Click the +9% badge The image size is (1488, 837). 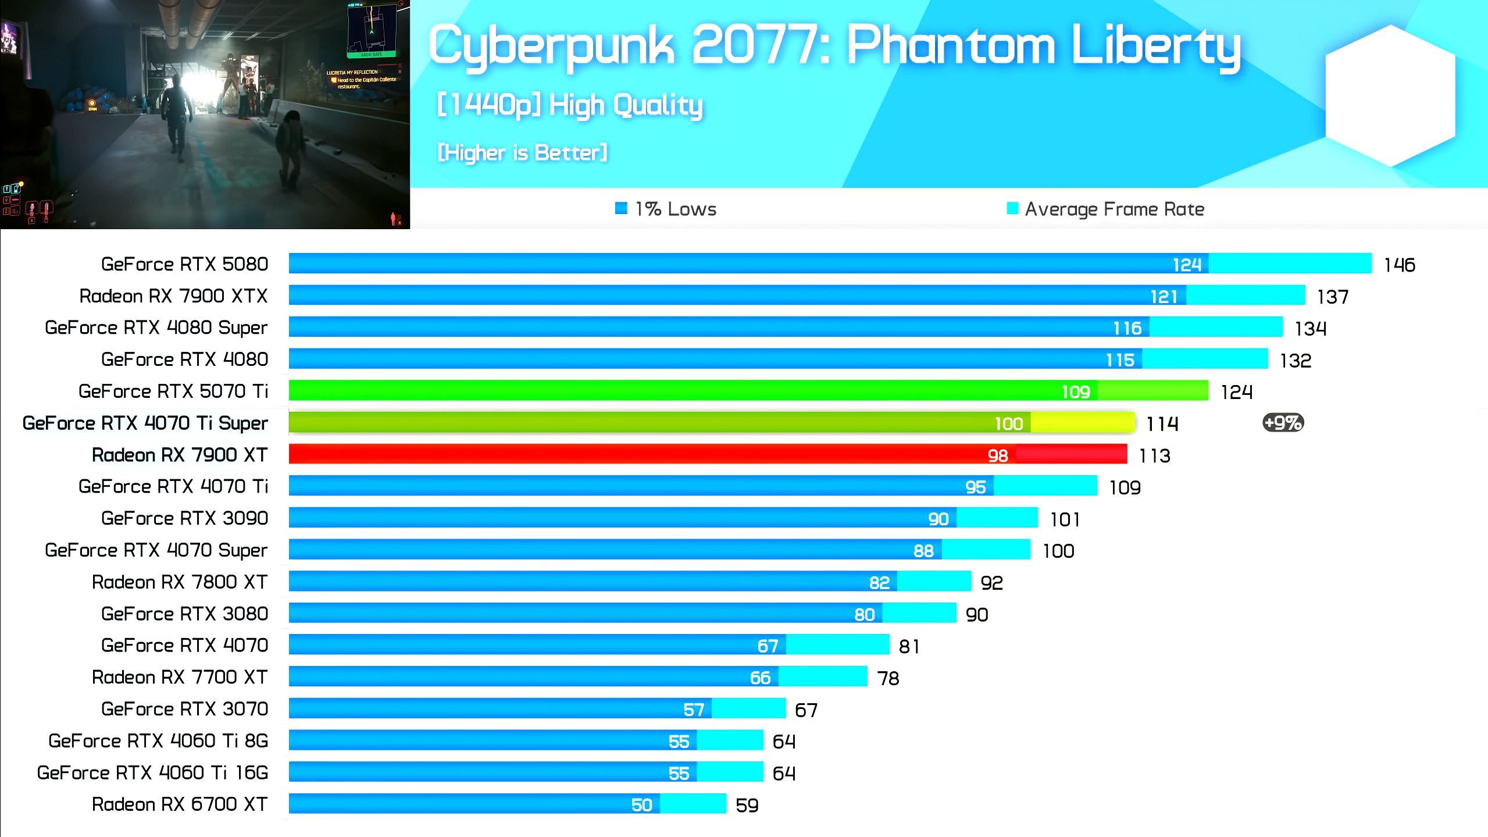[x=1283, y=423]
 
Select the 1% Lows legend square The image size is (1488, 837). [x=621, y=208]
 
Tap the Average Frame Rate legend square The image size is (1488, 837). [x=1012, y=208]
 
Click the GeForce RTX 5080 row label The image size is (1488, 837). [x=184, y=264]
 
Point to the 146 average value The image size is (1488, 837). [x=1399, y=265]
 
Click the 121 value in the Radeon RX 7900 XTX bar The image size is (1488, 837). [x=1164, y=297]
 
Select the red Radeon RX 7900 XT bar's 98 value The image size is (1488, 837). [x=997, y=455]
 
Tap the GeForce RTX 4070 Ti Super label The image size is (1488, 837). [x=145, y=423]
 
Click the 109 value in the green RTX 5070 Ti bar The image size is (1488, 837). [x=1075, y=392]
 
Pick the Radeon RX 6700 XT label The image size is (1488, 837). [x=180, y=804]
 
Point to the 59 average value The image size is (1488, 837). [x=747, y=806]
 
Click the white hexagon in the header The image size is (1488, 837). [x=1390, y=96]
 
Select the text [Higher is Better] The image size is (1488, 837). [x=522, y=152]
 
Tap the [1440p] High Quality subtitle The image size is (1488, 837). [x=570, y=105]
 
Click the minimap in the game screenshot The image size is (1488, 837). [x=372, y=29]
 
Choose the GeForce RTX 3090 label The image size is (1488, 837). [x=184, y=518]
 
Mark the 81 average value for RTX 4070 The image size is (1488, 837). [x=909, y=646]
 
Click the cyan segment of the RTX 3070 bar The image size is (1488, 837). [x=748, y=708]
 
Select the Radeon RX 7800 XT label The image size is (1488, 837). [x=180, y=582]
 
